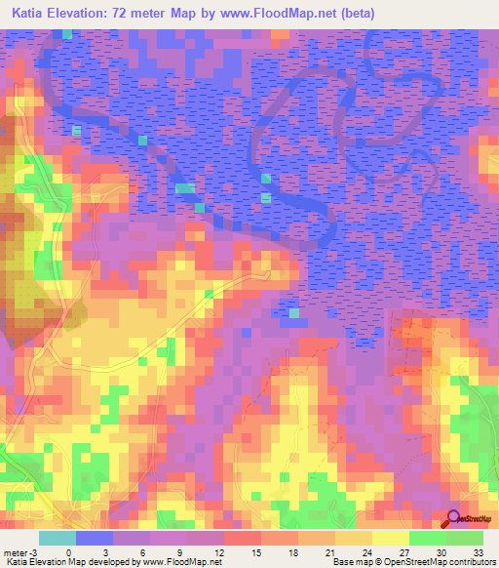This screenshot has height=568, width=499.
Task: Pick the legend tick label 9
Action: [x=180, y=552]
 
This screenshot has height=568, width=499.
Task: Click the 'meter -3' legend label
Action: [x=19, y=552]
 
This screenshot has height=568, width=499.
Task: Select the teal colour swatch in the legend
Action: [x=58, y=538]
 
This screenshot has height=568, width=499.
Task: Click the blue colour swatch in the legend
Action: [x=95, y=538]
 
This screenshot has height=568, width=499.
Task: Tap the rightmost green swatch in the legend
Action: [x=465, y=538]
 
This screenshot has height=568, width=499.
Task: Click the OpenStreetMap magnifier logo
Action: [x=453, y=518]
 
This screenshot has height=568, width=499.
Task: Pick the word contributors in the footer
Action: [x=474, y=562]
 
